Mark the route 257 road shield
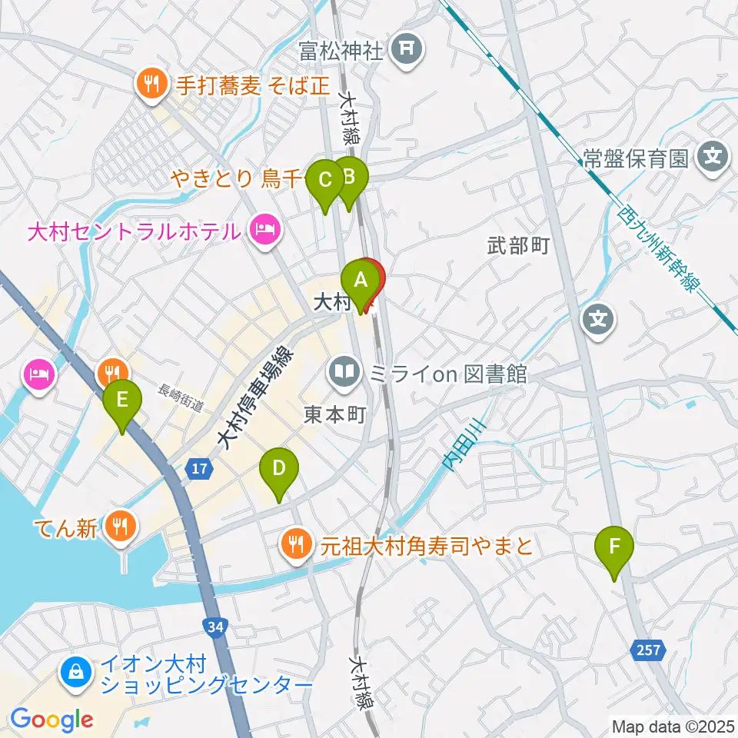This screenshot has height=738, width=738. (647, 650)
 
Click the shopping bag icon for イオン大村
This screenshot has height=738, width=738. (77, 673)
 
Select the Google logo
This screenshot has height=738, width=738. (52, 720)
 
